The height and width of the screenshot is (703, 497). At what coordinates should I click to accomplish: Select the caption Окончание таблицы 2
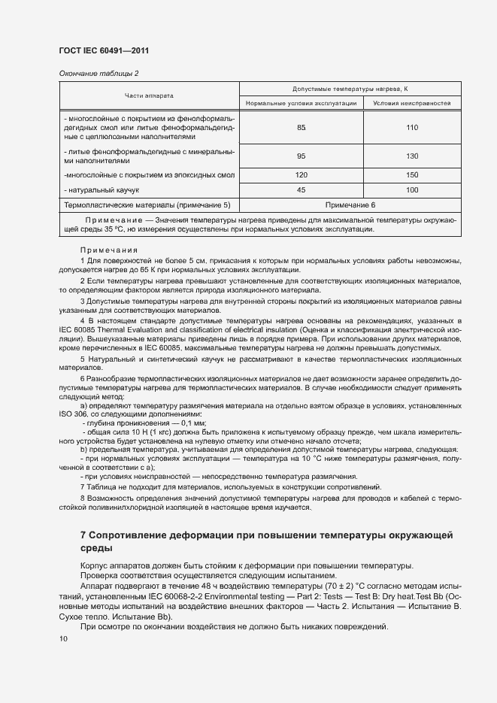[98, 73]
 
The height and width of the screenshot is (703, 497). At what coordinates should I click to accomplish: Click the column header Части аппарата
[149, 95]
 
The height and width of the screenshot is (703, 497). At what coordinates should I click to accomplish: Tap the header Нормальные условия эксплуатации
[301, 102]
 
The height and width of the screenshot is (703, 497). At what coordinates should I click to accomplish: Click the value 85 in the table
[301, 128]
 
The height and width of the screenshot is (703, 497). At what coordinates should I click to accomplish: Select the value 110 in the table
[411, 128]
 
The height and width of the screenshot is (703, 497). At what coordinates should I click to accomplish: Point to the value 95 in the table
[301, 156]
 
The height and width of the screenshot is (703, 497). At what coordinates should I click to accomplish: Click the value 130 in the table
[411, 156]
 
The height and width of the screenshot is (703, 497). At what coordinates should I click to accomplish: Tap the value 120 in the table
[301, 175]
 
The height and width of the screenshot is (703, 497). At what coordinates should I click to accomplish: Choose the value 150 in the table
[411, 175]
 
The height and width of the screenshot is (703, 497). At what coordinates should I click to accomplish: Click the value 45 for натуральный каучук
[301, 190]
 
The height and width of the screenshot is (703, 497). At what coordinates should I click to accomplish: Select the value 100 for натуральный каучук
[411, 190]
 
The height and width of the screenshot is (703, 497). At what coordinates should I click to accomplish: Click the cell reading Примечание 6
[350, 205]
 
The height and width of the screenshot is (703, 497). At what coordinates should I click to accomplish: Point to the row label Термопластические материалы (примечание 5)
[147, 205]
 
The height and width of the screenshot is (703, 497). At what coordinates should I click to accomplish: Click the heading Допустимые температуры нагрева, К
[350, 89]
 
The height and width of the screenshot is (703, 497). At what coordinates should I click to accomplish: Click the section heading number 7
[83, 535]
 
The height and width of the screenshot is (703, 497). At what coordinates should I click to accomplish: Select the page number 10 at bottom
[63, 639]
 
